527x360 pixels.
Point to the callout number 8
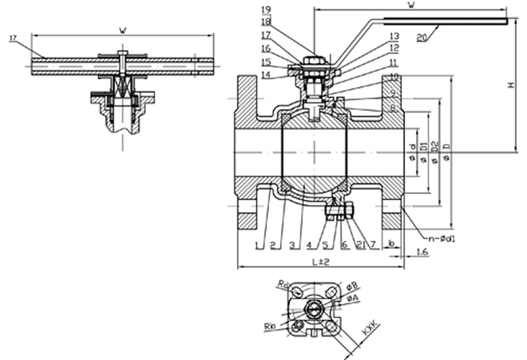[x=393, y=107]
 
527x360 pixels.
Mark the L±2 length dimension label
[x=319, y=262]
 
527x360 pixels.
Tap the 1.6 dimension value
[x=422, y=251]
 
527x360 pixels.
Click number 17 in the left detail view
[x=13, y=38]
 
